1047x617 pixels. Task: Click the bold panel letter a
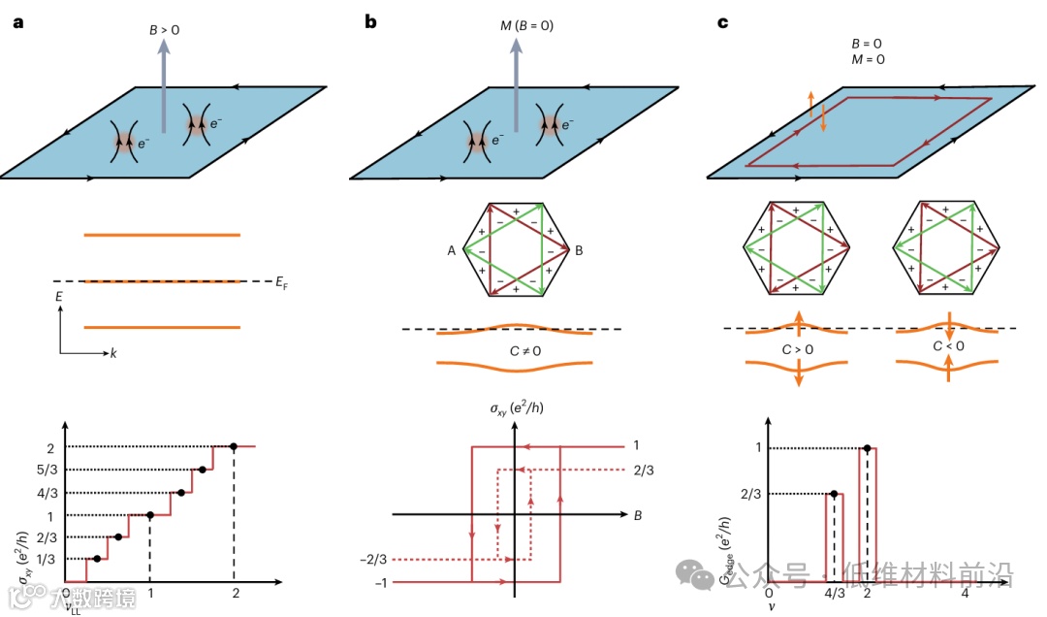[17, 21]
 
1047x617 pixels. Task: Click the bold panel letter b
[370, 21]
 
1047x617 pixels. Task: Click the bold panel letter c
[721, 21]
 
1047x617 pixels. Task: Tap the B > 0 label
[164, 30]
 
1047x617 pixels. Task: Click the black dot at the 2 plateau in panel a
[234, 446]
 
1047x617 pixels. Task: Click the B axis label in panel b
[637, 515]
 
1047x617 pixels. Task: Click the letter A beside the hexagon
[452, 250]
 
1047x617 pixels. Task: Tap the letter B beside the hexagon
[579, 250]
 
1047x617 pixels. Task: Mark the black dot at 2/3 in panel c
[833, 494]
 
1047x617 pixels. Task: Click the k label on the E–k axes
[112, 353]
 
